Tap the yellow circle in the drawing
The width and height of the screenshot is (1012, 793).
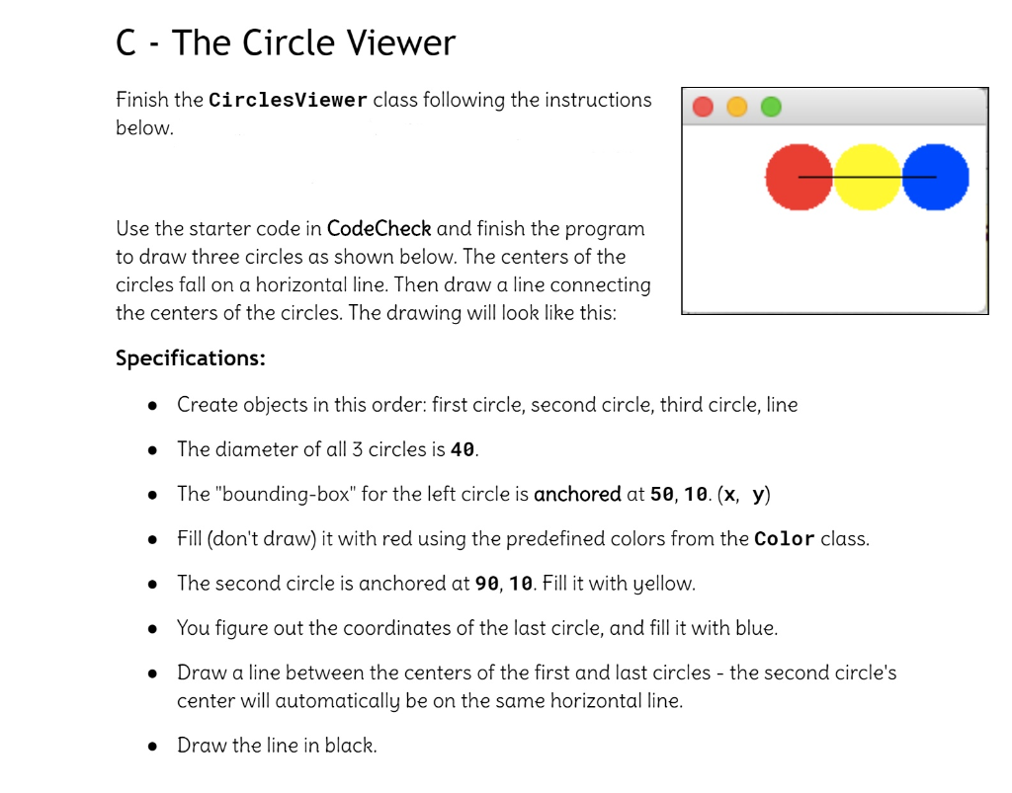tap(868, 177)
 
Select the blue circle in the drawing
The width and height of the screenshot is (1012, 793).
tap(936, 177)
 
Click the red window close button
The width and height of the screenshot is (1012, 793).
tap(704, 107)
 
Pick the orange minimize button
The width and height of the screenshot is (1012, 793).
tap(736, 107)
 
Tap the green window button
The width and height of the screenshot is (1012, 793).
tap(770, 107)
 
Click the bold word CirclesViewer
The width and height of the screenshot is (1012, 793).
tap(289, 101)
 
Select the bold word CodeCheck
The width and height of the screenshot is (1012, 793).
tap(379, 229)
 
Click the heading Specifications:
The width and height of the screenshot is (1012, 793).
tap(190, 357)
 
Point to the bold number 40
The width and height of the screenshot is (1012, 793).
tap(463, 450)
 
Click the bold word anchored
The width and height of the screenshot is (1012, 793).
tap(577, 494)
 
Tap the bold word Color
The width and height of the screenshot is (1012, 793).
tap(784, 539)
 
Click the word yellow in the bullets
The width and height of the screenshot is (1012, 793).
tap(664, 584)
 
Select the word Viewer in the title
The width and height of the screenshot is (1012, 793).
tap(393, 42)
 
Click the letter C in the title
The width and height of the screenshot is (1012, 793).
tap(126, 42)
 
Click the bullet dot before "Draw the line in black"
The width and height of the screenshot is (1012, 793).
tap(152, 747)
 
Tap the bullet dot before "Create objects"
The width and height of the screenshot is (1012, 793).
tap(152, 406)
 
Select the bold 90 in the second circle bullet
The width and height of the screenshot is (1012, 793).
tap(486, 584)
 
